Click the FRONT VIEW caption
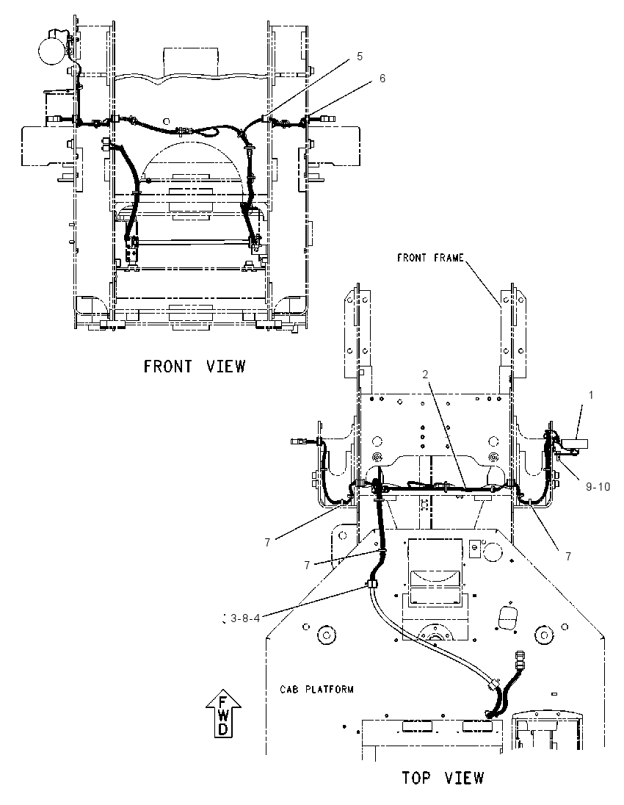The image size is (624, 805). coord(195,366)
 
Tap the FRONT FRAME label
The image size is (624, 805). coord(430,258)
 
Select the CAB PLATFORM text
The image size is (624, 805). coord(316,689)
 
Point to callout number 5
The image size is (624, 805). coord(360,56)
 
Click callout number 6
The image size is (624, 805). coord(382,78)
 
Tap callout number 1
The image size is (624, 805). coord(591,395)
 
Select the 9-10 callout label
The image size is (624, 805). coord(598,485)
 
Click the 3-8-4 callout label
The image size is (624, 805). coord(245,618)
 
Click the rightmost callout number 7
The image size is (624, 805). coord(568,556)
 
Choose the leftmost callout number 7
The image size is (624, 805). coord(267,542)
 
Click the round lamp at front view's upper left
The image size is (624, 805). coord(53,48)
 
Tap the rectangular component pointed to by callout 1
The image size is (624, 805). coord(576,443)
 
